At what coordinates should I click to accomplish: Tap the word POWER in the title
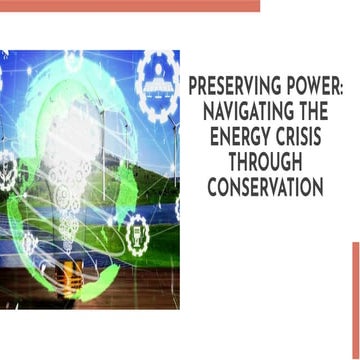point(309,89)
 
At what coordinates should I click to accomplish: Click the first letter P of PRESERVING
point(194,89)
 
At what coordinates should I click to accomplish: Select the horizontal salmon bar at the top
point(130,5)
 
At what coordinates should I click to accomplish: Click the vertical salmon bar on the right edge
point(355,300)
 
